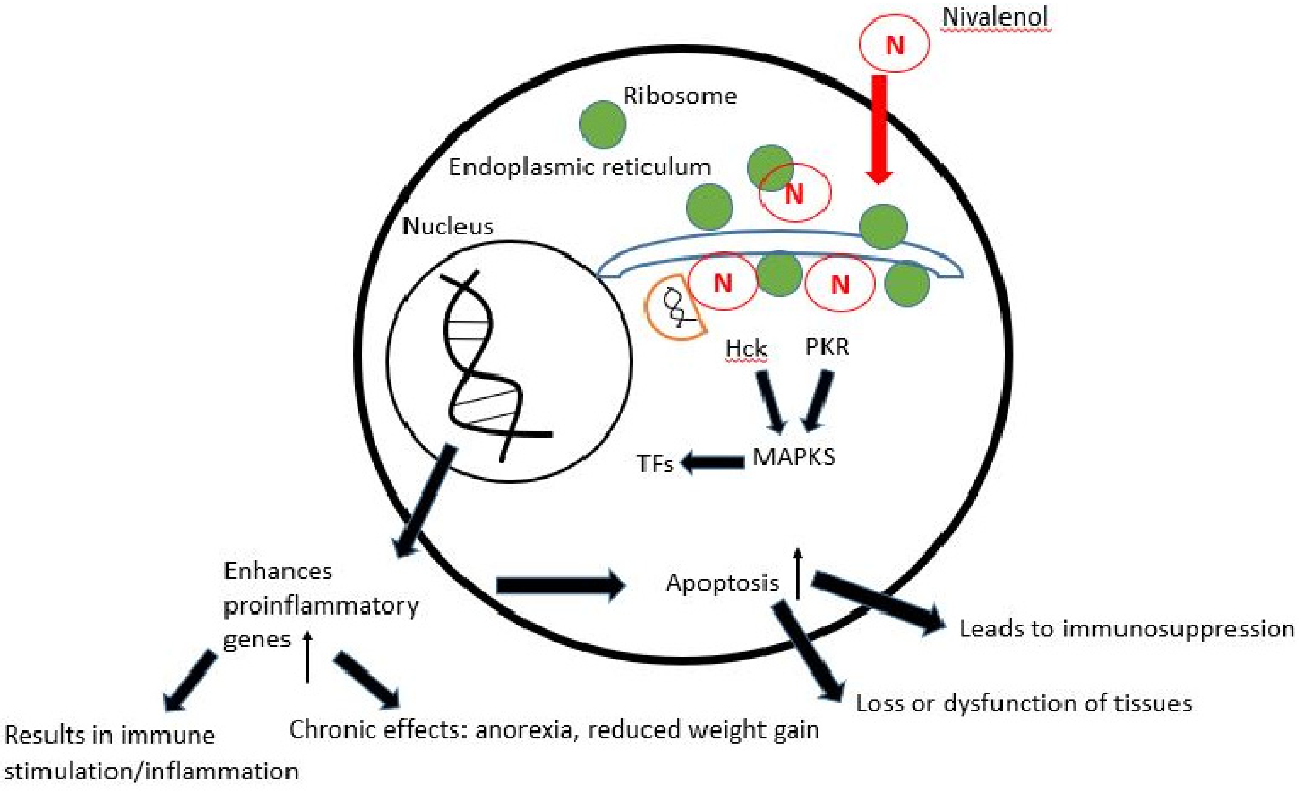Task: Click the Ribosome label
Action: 680,96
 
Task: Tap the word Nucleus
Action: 447,226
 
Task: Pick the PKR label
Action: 827,347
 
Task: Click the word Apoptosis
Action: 722,582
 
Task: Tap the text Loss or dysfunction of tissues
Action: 1024,703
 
